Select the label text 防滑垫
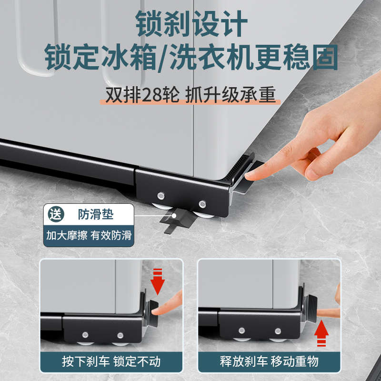pos(96,214)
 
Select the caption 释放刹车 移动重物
pos(269,361)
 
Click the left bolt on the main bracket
pos(161,195)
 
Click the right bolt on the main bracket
pos(203,204)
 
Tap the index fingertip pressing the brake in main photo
pos(252,175)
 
